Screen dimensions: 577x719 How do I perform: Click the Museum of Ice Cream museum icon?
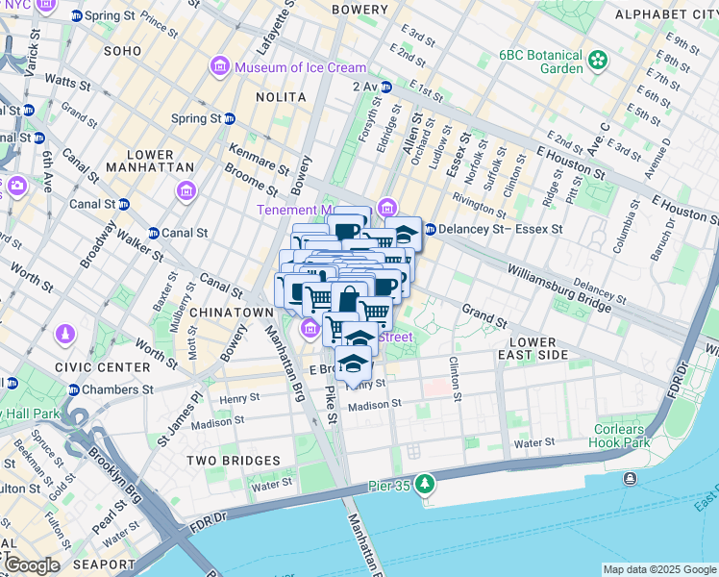click(x=219, y=67)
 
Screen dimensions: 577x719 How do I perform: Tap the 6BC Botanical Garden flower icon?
click(x=599, y=60)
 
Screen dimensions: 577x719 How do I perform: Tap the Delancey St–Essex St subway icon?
click(x=430, y=230)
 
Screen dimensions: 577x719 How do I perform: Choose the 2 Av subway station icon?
click(x=386, y=87)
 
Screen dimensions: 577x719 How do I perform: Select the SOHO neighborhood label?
click(x=122, y=50)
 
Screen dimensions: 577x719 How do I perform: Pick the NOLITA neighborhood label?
click(x=281, y=97)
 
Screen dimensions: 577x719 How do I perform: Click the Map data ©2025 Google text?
click(x=658, y=569)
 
